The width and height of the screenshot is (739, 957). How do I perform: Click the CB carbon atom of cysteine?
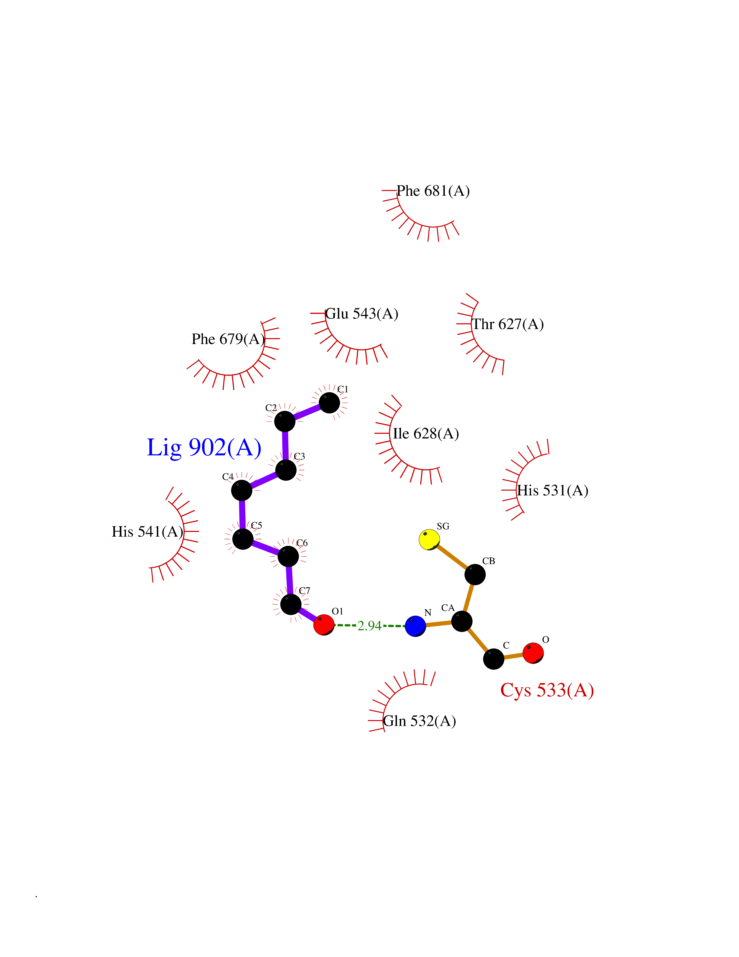pyautogui.click(x=475, y=575)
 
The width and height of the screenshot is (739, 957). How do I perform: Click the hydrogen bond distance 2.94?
pyautogui.click(x=369, y=626)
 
